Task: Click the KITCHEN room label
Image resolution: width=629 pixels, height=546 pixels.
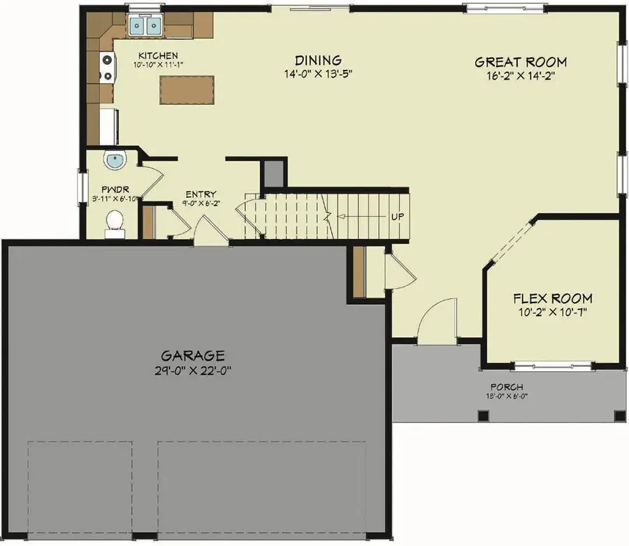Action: [158, 56]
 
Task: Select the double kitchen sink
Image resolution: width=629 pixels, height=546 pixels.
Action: [145, 27]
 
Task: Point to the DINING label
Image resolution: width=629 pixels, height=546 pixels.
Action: [317, 61]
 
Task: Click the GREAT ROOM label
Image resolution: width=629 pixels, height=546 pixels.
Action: [520, 62]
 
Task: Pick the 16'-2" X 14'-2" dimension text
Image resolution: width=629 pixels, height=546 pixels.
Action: [520, 76]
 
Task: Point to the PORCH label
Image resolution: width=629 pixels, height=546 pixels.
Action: [507, 387]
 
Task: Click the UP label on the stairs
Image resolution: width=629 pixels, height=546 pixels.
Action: [397, 216]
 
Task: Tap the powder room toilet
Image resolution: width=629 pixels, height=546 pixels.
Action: [114, 222]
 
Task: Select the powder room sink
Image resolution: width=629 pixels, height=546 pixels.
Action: [114, 161]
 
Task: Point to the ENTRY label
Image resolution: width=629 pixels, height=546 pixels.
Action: [201, 194]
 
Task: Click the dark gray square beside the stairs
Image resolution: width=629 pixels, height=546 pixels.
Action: [274, 173]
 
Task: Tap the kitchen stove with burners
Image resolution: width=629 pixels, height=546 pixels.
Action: [108, 68]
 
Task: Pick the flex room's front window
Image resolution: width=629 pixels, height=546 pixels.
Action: [550, 364]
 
